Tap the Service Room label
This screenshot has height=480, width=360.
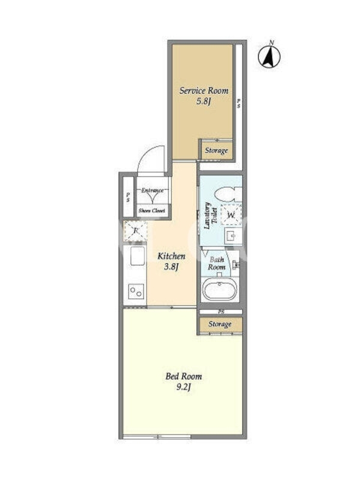tap(203, 91)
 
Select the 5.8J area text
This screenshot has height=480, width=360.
tap(204, 101)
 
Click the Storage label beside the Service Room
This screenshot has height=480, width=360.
tap(217, 151)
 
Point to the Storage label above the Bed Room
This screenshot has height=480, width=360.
tap(220, 324)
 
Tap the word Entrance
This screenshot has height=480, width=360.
tap(152, 190)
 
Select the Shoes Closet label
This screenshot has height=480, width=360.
tap(152, 211)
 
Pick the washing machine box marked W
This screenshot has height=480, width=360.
tap(231, 215)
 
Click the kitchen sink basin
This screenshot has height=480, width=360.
tap(137, 257)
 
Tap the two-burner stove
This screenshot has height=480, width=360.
tap(136, 291)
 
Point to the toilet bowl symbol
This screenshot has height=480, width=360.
tap(228, 194)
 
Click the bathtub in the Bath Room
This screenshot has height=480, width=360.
tap(220, 289)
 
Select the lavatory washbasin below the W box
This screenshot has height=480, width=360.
tap(233, 236)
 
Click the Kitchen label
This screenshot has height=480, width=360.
tap(171, 256)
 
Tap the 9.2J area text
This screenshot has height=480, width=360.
tap(184, 387)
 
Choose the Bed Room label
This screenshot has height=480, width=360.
tap(184, 376)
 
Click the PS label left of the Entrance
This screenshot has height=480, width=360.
tap(128, 197)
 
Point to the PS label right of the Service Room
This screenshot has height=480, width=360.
tap(238, 103)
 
